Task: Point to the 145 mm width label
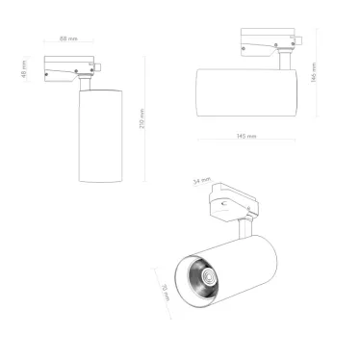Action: tap(245, 137)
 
